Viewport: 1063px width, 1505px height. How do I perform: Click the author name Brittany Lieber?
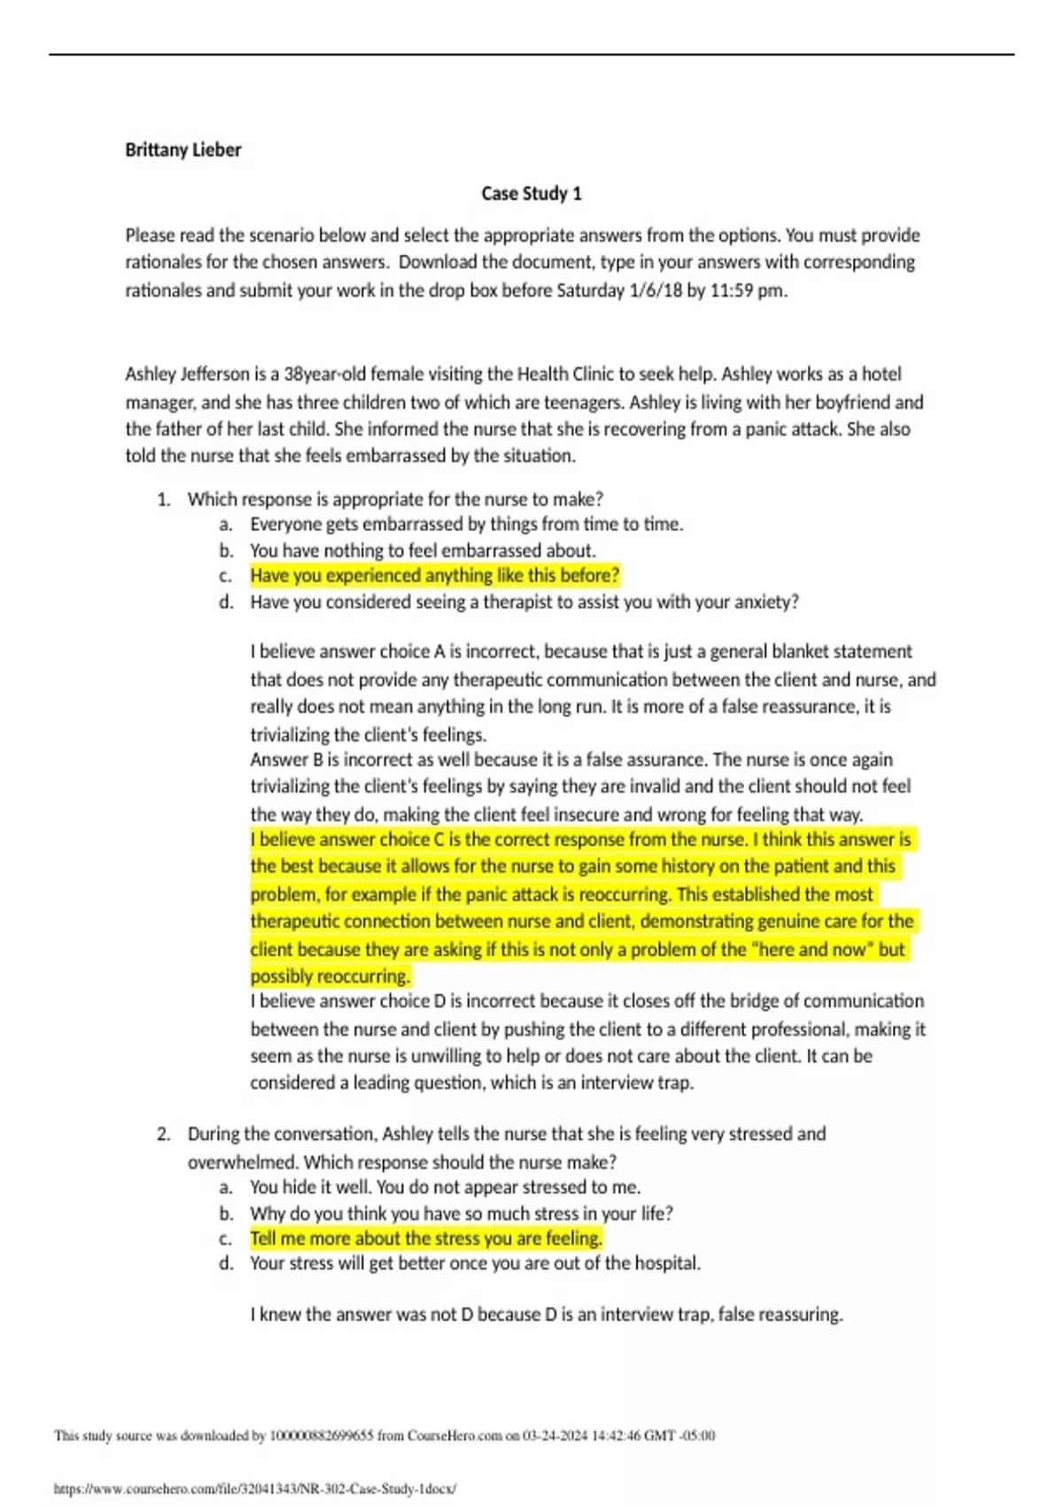tap(182, 150)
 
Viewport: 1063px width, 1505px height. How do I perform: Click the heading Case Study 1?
tap(531, 193)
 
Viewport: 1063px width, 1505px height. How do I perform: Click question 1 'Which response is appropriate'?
tap(395, 498)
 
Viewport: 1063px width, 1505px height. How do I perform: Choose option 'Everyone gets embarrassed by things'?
tap(466, 524)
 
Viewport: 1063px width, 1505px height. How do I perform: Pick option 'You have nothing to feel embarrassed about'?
tap(423, 550)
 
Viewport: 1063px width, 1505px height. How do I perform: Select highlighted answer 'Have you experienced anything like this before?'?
tap(434, 575)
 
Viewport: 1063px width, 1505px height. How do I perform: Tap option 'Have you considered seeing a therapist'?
tap(524, 602)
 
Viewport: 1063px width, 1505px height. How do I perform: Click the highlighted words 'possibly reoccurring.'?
tap(330, 976)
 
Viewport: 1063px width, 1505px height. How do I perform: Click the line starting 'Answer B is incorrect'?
tap(571, 760)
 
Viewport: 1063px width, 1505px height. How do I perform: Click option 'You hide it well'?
tap(445, 1187)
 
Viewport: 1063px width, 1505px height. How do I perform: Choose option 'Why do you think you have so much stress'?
tap(461, 1213)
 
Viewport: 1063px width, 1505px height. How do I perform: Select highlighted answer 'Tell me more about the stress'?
tap(425, 1239)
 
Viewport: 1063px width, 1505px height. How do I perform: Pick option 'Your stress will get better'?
tap(475, 1263)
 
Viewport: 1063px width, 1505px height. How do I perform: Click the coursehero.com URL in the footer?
tap(255, 1489)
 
